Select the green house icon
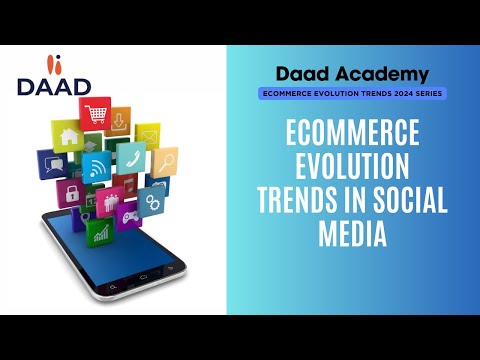[70, 138]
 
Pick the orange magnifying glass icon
[165, 160]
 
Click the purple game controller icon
[129, 213]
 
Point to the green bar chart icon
[101, 234]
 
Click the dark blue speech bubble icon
[53, 163]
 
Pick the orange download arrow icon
[120, 121]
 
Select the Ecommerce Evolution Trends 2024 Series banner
[353, 93]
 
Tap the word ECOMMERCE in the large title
[352, 133]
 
